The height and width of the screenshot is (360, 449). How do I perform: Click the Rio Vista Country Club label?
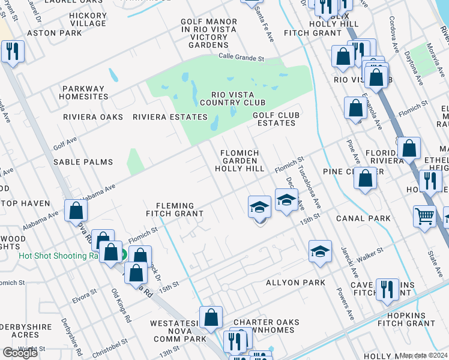click(232, 99)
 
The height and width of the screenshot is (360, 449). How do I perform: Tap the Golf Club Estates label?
click(274, 119)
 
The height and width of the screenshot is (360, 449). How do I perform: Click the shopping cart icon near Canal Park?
click(425, 216)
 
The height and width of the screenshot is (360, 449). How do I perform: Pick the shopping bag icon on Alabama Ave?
click(76, 210)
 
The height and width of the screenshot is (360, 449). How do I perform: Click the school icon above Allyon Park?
click(320, 251)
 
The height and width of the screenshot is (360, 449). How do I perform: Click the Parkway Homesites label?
click(83, 93)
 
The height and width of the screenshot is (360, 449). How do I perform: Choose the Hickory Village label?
click(88, 19)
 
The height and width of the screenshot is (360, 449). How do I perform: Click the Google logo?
click(20, 353)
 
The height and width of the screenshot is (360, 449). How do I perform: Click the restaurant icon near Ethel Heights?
click(430, 180)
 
